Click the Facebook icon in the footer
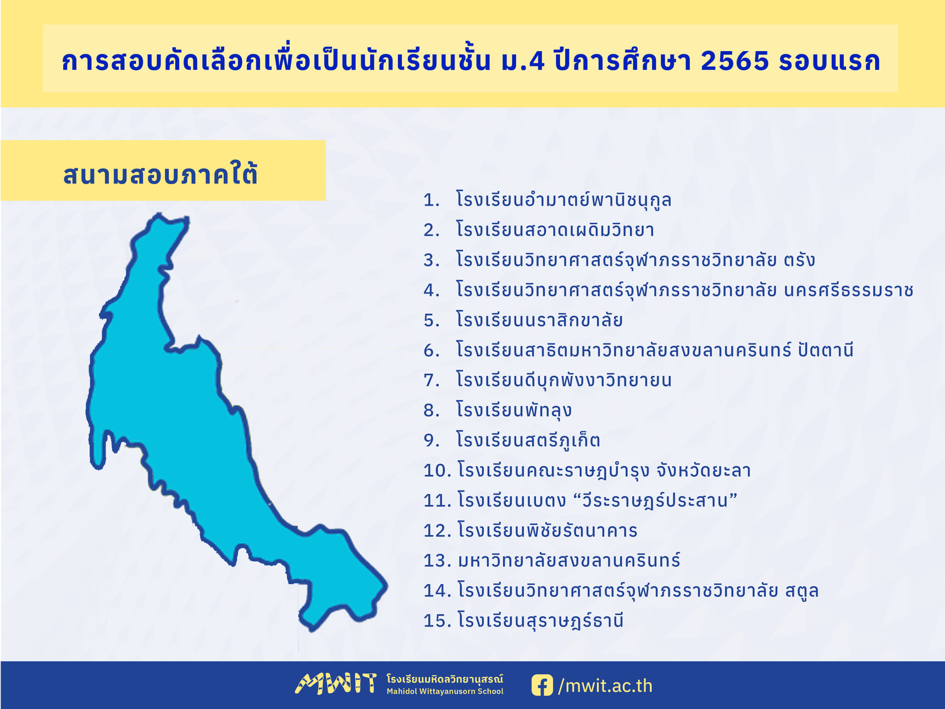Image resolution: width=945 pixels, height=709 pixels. point(542,685)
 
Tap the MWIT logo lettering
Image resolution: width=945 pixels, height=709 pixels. point(336,684)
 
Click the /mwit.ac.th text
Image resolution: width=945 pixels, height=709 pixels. point(605,686)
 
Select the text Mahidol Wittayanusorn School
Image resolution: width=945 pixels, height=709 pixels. point(445,691)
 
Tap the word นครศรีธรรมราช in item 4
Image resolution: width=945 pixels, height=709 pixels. point(849,290)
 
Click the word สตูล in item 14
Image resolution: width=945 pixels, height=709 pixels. point(802,590)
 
